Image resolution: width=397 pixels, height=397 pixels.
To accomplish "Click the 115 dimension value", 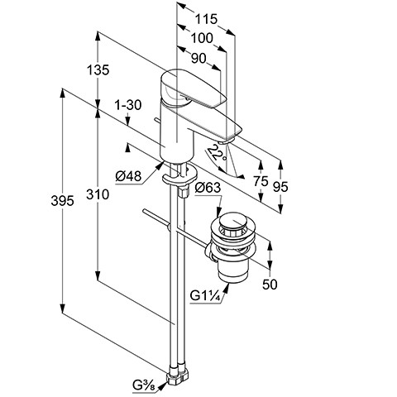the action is (x=206, y=19).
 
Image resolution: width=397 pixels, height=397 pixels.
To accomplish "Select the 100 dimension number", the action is (x=202, y=38).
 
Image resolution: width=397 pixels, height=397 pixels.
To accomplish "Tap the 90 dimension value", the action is (x=198, y=59).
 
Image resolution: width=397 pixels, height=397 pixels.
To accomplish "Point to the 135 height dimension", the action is (x=98, y=69).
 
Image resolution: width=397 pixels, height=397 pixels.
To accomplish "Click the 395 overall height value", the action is (x=62, y=200).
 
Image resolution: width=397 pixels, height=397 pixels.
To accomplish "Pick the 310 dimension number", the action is (x=98, y=194).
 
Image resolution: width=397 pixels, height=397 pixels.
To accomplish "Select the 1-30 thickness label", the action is (x=128, y=105).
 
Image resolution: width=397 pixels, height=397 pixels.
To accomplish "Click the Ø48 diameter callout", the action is (x=128, y=176).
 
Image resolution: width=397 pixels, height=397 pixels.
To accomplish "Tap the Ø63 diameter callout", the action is (x=208, y=188).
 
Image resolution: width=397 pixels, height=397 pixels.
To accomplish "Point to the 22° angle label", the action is (x=217, y=154).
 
